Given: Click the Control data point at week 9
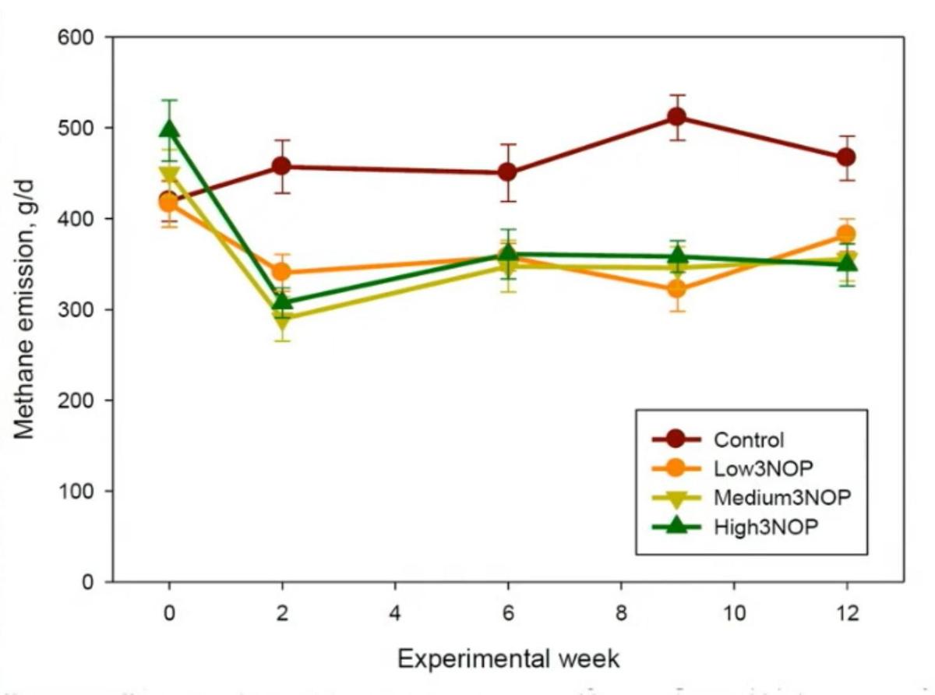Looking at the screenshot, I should pos(676,117).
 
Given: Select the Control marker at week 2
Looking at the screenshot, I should pos(281,166).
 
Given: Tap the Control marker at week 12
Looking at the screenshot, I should pos(846,157).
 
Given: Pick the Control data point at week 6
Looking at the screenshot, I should pos(507,171).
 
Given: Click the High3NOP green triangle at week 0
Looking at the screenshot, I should pos(168,129).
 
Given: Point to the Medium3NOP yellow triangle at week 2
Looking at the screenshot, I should pos(281,319).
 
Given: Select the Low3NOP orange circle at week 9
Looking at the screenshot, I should pos(676,290).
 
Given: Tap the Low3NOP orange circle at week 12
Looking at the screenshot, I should pos(846,234).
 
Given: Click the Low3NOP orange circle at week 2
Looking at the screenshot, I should pos(281,272).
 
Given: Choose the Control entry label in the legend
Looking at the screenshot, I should pos(749,439).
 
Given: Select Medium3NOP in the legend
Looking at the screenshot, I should pos(777,497).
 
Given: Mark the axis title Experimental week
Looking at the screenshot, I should pos(508,658).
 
